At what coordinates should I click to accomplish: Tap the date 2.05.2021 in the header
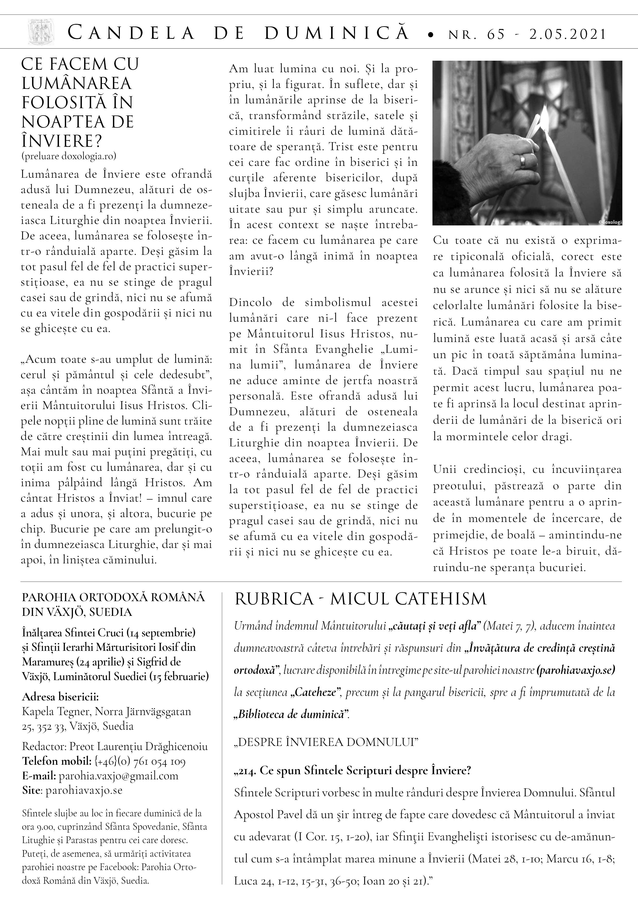coord(567,34)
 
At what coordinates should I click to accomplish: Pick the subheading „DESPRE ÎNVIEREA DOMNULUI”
coord(326,742)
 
